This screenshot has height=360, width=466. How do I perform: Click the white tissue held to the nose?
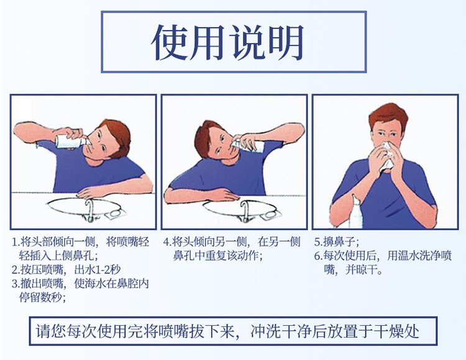[x=386, y=155]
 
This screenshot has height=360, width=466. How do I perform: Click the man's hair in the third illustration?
[x=388, y=116]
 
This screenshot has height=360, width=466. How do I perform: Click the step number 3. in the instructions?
[x=17, y=284]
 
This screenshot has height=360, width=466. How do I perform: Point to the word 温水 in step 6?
[x=401, y=256]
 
